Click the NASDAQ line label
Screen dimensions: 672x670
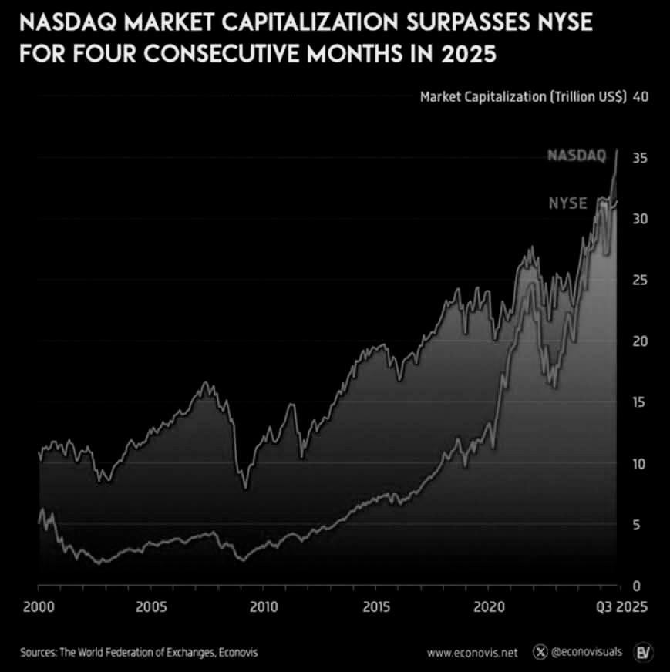577,156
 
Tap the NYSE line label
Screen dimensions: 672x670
568,203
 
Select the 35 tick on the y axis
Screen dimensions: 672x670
638,158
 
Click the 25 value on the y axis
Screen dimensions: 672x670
638,281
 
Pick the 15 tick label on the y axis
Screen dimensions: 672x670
638,403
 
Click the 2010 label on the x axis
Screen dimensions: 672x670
264,606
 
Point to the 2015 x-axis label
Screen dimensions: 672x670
375,606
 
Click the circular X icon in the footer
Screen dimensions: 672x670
541,653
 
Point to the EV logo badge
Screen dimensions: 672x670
643,652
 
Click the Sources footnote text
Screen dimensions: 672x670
139,653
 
